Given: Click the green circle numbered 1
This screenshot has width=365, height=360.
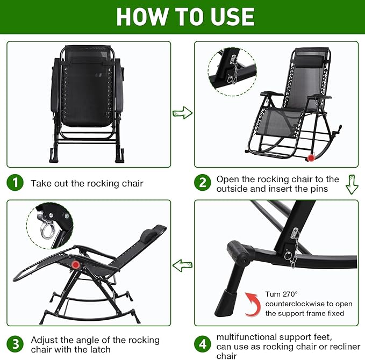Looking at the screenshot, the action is point(15,183).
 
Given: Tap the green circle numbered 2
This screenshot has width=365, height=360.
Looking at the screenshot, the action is point(203,183).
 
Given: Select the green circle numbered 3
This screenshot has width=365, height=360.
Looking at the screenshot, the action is point(15,344).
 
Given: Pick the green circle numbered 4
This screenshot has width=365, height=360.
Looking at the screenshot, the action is point(203,344).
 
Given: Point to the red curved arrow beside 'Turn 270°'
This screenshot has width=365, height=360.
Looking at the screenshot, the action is point(253,304).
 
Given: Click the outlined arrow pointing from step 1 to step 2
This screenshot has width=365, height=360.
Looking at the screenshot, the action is point(183,113).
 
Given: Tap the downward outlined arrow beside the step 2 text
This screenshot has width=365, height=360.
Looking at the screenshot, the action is point(352,184).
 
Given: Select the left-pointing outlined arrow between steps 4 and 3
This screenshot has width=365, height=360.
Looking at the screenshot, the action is point(183,265).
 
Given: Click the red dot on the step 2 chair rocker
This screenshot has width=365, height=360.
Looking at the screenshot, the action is point(311,158).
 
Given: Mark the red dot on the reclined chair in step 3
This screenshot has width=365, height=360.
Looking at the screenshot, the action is point(75,265).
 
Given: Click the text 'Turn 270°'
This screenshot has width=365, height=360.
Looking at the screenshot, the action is point(281,294).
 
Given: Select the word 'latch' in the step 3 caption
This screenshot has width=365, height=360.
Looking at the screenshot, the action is point(101,350).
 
